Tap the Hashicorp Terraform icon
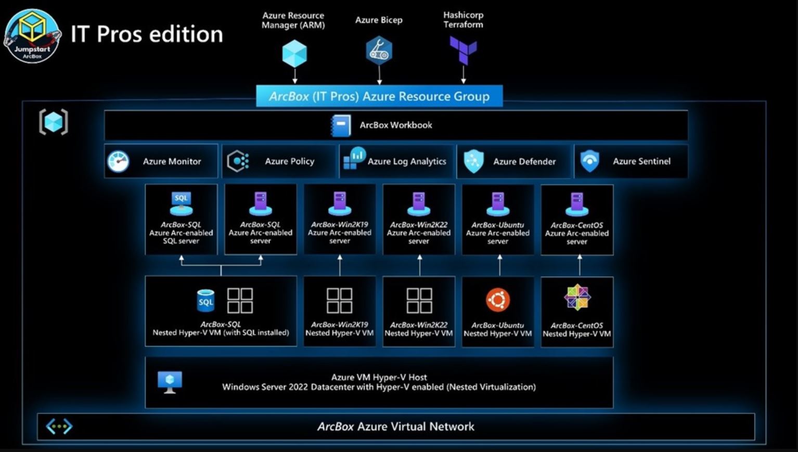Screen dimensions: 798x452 click(x=463, y=50)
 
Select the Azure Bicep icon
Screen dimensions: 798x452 click(x=379, y=50)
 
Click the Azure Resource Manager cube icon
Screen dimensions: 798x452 click(x=294, y=54)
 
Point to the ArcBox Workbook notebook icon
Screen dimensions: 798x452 click(x=341, y=125)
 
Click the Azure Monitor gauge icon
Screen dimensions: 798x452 click(x=118, y=161)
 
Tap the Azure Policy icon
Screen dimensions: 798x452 click(x=238, y=161)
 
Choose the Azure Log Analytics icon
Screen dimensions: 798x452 click(x=354, y=159)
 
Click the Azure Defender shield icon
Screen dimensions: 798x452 click(x=474, y=161)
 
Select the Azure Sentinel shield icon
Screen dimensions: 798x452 click(x=589, y=161)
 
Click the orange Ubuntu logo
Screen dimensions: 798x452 click(x=498, y=300)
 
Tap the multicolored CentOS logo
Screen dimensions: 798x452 click(x=577, y=298)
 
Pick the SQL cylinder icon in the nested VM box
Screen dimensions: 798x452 click(x=205, y=301)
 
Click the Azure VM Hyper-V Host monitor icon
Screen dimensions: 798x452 click(x=170, y=382)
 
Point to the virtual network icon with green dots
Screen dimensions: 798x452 click(x=59, y=427)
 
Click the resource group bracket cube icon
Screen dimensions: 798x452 click(x=54, y=122)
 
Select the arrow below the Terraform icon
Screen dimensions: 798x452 click(x=463, y=75)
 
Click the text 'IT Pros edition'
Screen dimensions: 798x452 click(x=147, y=34)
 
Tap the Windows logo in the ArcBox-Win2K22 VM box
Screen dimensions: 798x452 click(x=419, y=301)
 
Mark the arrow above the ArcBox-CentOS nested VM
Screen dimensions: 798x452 click(x=580, y=265)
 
